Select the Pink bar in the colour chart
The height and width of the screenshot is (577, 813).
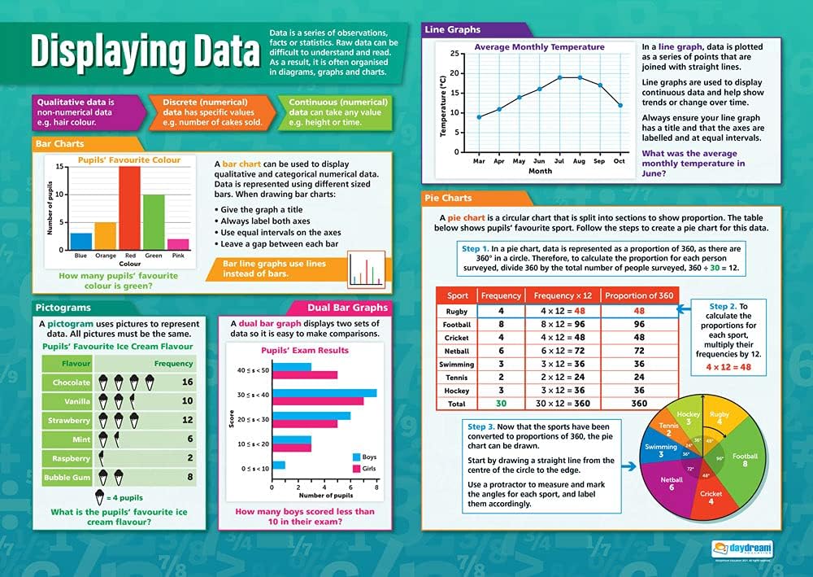tap(178, 243)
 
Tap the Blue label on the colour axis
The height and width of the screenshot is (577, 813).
tap(80, 255)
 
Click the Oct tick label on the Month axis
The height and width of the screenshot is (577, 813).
tap(620, 161)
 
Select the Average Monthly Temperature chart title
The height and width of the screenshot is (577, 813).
tap(539, 47)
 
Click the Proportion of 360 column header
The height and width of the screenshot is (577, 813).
tap(639, 295)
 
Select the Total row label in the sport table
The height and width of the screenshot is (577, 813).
tap(456, 404)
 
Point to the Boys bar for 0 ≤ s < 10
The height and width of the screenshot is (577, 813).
tap(279, 465)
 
